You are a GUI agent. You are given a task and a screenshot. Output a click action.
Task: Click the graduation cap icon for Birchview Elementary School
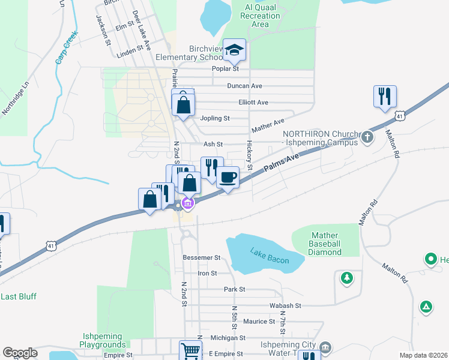(235, 50)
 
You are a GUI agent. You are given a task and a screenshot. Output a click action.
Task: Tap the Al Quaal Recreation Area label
(260, 16)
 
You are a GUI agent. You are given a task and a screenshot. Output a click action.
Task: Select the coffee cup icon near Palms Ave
(228, 177)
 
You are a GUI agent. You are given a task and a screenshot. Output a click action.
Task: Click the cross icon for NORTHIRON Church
(367, 137)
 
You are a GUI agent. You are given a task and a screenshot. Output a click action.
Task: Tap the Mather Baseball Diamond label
(325, 244)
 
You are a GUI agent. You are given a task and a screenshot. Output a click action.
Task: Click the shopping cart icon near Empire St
(190, 350)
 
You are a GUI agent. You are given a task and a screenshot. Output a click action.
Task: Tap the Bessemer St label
(201, 257)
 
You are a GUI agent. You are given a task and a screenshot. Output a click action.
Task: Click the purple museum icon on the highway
(187, 205)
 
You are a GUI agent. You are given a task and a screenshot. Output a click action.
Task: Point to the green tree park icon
(346, 277)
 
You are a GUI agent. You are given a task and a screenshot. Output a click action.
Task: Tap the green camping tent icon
(426, 307)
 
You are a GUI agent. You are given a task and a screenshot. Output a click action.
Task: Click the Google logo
(20, 353)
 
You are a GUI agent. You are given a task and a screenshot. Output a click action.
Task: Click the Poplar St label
(226, 68)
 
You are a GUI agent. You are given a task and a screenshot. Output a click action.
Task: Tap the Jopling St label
(215, 118)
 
